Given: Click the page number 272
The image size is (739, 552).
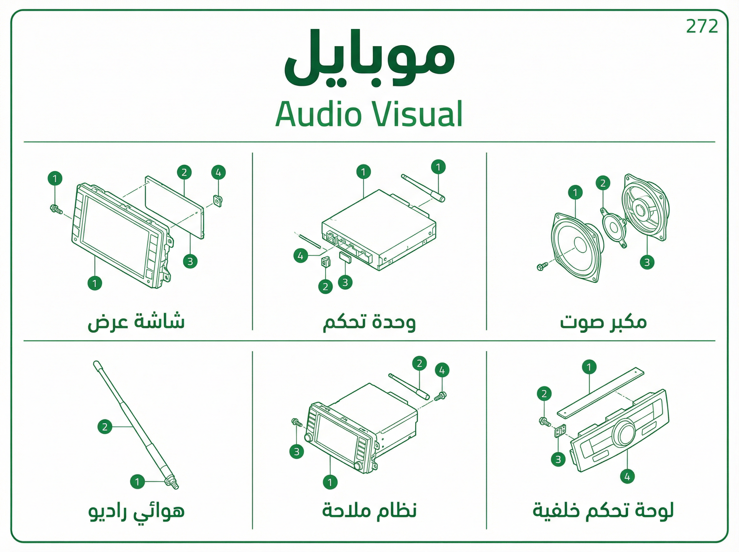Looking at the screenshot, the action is (x=702, y=26).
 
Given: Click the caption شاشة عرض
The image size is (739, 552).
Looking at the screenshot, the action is (x=136, y=322).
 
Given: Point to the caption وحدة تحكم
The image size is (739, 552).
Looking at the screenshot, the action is (x=369, y=322).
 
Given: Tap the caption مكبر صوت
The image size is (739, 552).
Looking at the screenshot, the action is (x=604, y=322).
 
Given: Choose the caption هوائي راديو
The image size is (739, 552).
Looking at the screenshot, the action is (x=136, y=512).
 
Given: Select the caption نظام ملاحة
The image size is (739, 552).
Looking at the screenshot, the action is (x=369, y=510).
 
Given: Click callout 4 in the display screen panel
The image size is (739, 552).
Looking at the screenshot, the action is (x=218, y=172).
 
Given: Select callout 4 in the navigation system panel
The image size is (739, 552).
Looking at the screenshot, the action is (x=442, y=370).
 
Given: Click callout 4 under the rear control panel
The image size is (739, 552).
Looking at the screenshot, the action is (x=627, y=476).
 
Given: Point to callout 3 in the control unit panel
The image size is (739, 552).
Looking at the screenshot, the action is (x=345, y=282).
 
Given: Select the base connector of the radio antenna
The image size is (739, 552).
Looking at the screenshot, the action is (x=171, y=483).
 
